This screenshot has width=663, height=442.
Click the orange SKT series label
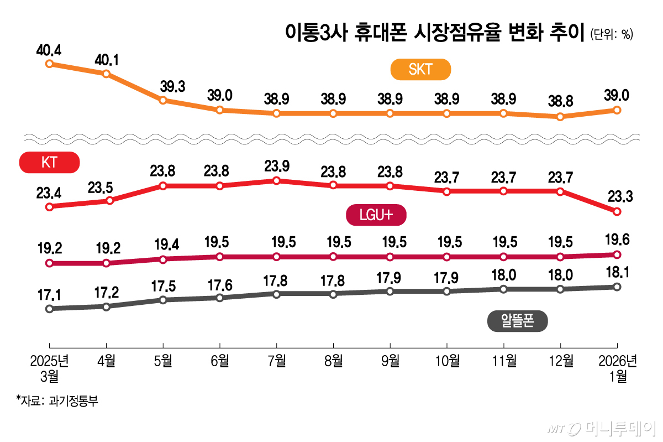point(420,70)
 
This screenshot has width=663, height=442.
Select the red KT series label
point(50,163)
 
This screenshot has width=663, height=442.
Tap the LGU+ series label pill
point(376,215)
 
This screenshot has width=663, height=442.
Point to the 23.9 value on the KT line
point(276,166)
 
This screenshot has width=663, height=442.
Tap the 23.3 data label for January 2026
point(617,197)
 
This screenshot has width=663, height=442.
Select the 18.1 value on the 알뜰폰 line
point(617,272)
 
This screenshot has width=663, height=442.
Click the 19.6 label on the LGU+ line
point(617,240)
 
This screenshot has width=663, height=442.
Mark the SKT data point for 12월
point(560,117)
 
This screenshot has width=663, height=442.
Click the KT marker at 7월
point(276,180)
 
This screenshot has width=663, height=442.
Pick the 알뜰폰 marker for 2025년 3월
point(49,309)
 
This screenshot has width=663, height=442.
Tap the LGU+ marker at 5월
point(162,259)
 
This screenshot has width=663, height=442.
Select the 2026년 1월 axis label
point(618,368)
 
